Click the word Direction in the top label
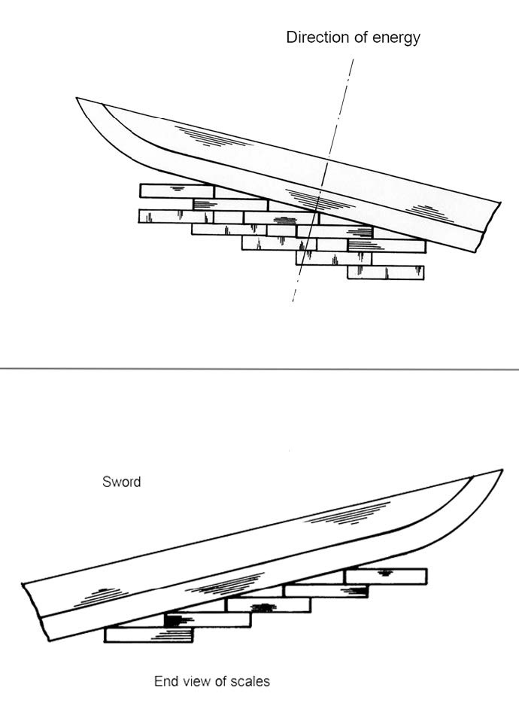[x=312, y=38]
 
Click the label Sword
[x=121, y=481]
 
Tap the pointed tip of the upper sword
[x=79, y=99]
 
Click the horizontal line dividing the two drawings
[x=259, y=369]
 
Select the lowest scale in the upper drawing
[x=385, y=272]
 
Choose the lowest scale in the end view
[x=148, y=634]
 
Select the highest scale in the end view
[x=386, y=576]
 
